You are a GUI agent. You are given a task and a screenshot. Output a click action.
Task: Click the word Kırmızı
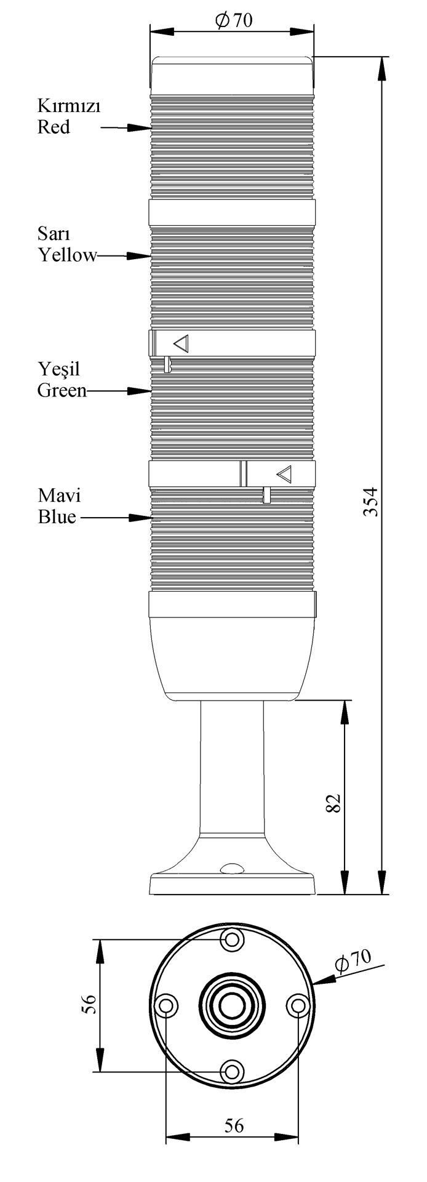click(x=68, y=107)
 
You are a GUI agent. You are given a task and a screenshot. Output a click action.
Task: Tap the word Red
click(x=54, y=127)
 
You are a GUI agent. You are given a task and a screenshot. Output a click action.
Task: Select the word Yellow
click(x=68, y=255)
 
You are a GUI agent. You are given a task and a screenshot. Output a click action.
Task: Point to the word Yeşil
click(x=59, y=369)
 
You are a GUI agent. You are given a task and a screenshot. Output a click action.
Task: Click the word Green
click(x=62, y=390)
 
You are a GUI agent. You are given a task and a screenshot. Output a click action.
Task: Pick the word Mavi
click(x=59, y=496)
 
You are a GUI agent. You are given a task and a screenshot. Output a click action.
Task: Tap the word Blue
click(x=57, y=517)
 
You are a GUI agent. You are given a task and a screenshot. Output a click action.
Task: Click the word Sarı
click(x=54, y=234)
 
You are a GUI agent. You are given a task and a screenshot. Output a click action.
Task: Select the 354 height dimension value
click(x=370, y=501)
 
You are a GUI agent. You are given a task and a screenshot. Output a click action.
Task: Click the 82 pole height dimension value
click(x=333, y=803)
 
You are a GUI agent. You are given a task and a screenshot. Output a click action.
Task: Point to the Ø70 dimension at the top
click(x=234, y=20)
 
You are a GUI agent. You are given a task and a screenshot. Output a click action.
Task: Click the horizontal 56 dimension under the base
click(x=233, y=1125)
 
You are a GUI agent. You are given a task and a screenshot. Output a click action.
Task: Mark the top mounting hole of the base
click(x=232, y=939)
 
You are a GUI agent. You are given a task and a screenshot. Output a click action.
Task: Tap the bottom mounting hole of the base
click(x=232, y=1072)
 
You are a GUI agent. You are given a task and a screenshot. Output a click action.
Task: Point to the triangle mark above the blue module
click(x=284, y=474)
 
